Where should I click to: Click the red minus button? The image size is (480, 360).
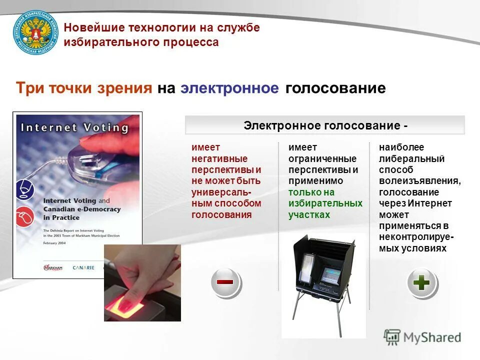pyautogui.click(x=225, y=282)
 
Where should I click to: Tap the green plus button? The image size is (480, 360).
pyautogui.click(x=421, y=283)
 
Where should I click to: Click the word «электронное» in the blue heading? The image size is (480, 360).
pyautogui.click(x=229, y=88)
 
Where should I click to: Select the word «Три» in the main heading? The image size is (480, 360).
pyautogui.click(x=30, y=88)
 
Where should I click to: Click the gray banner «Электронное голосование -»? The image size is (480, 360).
pyautogui.click(x=325, y=125)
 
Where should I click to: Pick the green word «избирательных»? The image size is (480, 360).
pyautogui.click(x=325, y=203)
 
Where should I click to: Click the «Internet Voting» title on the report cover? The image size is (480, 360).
pyautogui.click(x=75, y=127)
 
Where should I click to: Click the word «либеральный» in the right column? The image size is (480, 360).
pyautogui.click(x=411, y=159)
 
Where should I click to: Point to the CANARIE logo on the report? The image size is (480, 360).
pyautogui.click(x=83, y=267)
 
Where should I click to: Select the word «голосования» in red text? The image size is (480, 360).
pyautogui.click(x=221, y=214)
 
